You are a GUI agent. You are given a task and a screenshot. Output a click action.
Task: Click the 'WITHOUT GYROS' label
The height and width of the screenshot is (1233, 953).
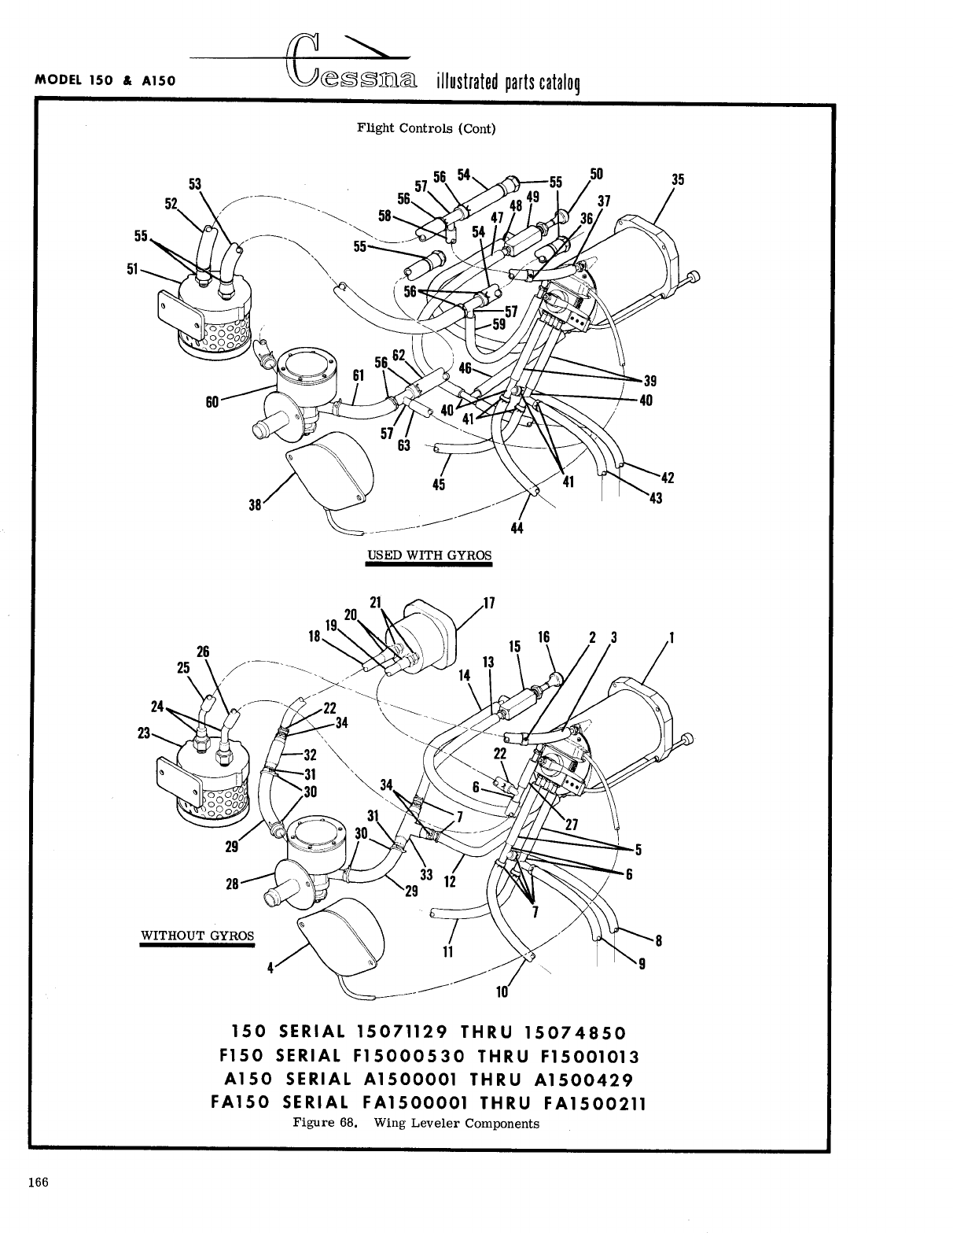click(197, 936)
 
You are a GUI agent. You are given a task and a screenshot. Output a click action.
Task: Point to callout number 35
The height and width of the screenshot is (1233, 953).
click(678, 179)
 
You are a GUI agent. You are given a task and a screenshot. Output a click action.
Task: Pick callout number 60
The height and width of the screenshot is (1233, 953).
click(212, 402)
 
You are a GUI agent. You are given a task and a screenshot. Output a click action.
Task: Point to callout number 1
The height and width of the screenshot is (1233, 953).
click(672, 637)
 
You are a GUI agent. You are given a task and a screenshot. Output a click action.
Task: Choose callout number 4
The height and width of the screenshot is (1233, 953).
click(270, 969)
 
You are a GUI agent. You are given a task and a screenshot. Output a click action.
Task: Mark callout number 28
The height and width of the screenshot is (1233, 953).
click(232, 884)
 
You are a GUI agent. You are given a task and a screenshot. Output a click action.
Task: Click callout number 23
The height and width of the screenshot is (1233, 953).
click(144, 733)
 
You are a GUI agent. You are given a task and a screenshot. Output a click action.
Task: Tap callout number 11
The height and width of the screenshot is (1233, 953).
click(448, 951)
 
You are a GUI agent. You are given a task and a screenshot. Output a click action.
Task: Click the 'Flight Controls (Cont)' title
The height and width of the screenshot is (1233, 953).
click(426, 128)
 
